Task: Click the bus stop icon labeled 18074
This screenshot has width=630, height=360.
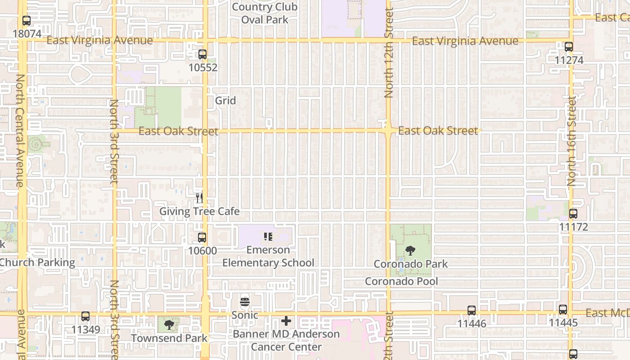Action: [x=27, y=21]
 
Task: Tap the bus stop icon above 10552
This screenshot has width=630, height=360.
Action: [x=202, y=54]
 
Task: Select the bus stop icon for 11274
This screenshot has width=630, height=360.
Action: [x=569, y=47]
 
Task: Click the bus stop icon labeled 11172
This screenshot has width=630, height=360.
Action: [x=573, y=214]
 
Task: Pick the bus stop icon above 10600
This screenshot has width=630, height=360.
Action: [x=202, y=238]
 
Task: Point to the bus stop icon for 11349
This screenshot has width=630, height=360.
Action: [x=85, y=316]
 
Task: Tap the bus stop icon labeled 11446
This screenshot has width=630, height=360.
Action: [x=472, y=310]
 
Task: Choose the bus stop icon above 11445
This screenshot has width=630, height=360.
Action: [x=563, y=310]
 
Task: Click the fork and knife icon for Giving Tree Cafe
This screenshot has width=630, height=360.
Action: [x=199, y=198]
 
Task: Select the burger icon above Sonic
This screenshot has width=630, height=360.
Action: [x=245, y=302]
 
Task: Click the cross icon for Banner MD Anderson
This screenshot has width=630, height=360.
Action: [x=286, y=321]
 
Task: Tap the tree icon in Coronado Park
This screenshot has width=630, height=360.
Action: [x=410, y=251]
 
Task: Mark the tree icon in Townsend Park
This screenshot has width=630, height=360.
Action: [x=169, y=324]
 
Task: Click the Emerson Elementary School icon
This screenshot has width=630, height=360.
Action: [x=268, y=237]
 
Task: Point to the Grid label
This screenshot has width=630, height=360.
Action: [x=225, y=100]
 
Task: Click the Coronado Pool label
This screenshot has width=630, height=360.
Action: [x=401, y=282]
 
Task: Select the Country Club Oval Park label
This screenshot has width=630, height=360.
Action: [x=265, y=13]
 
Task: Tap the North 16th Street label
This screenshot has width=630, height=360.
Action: [x=572, y=141]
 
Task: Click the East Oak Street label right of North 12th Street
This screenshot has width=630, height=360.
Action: [x=438, y=131]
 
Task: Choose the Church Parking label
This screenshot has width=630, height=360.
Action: [x=38, y=263]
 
